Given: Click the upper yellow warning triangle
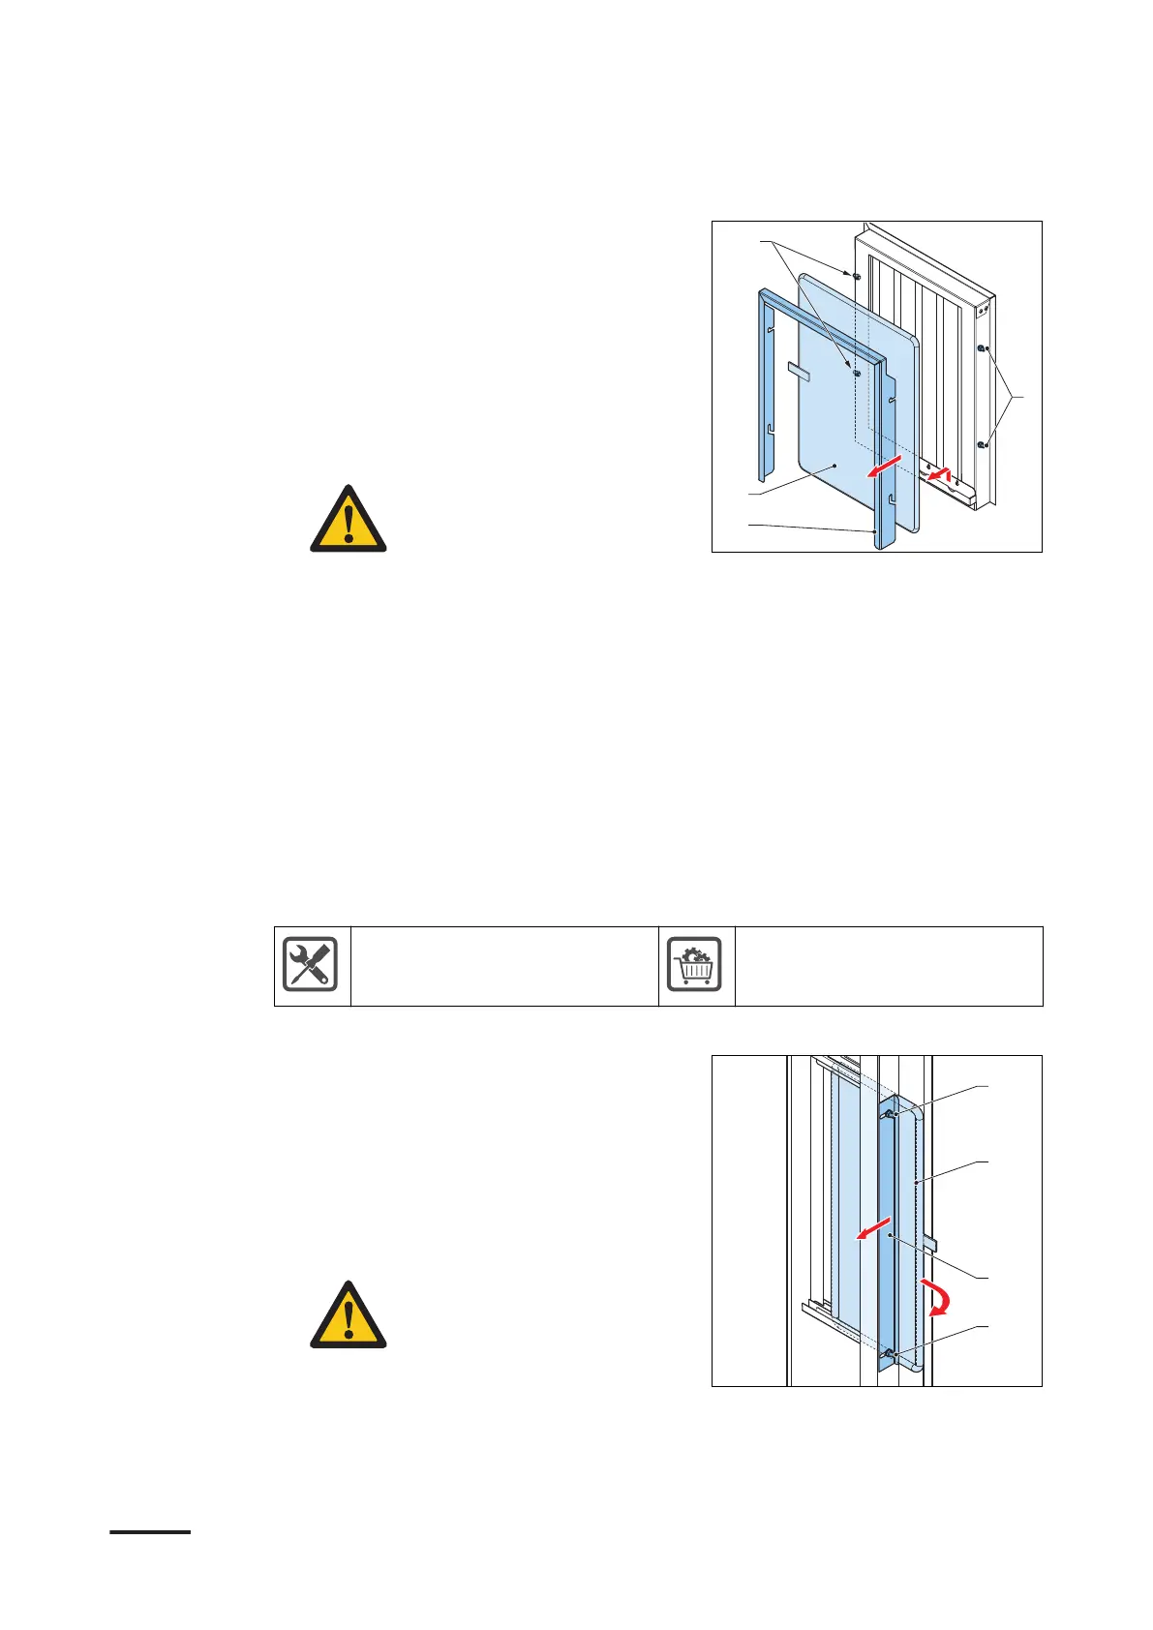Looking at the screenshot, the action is tap(348, 521).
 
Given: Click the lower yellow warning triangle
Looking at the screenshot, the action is tap(348, 1316).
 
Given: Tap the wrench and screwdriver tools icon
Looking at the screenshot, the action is tap(311, 965).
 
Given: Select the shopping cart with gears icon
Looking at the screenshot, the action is tap(695, 965).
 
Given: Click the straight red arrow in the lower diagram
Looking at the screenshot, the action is tap(871, 1232).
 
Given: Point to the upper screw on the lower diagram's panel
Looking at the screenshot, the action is tap(889, 1114).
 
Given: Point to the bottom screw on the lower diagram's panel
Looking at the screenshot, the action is tap(890, 1354).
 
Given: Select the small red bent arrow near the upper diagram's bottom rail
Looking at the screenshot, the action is tap(939, 474).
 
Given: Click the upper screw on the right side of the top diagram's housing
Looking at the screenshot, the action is tap(981, 348).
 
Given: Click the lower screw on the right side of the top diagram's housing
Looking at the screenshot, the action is tap(981, 444).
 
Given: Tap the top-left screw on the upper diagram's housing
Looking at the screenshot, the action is tap(857, 276).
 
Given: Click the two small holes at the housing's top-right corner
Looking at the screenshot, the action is tap(983, 311).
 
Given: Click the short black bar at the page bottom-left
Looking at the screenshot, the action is tap(150, 1532).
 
